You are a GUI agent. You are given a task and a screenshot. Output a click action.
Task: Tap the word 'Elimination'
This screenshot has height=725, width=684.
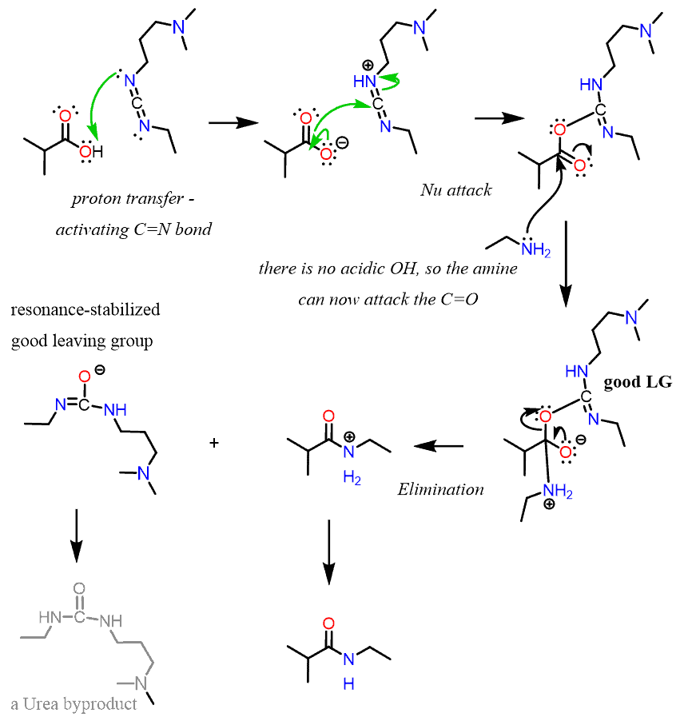(440, 488)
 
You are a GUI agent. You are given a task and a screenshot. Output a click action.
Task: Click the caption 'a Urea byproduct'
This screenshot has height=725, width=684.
(74, 703)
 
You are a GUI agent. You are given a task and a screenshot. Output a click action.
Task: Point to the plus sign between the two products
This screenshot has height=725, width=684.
(213, 441)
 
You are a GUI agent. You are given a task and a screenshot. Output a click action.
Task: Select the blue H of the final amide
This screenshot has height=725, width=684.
(346, 684)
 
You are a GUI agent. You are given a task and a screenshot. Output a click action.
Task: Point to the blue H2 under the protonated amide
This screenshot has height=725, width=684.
(352, 477)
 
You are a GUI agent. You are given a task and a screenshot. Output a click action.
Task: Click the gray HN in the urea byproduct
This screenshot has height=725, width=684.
(49, 617)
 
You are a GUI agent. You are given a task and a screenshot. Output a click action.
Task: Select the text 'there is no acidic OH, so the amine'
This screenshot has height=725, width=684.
(388, 269)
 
